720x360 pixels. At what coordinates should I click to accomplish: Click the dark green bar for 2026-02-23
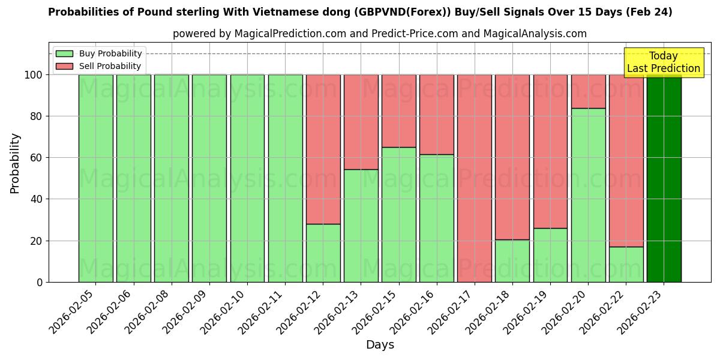(x=664, y=178)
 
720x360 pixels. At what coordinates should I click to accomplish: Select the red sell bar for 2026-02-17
(x=475, y=178)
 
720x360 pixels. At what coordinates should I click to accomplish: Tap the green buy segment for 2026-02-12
(x=323, y=253)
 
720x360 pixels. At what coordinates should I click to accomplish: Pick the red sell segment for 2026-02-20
(x=588, y=91)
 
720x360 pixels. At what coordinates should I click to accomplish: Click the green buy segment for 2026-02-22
(x=626, y=264)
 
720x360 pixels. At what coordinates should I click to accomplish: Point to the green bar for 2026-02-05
(x=95, y=178)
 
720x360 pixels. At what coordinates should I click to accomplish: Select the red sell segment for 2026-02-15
(x=399, y=111)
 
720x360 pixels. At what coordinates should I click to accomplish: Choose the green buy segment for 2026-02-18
(x=512, y=260)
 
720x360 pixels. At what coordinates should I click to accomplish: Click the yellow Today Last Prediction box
(x=663, y=62)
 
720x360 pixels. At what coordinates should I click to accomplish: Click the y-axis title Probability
(x=15, y=163)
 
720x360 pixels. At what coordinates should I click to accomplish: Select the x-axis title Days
(x=380, y=345)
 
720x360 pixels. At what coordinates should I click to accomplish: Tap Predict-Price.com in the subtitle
(x=414, y=34)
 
